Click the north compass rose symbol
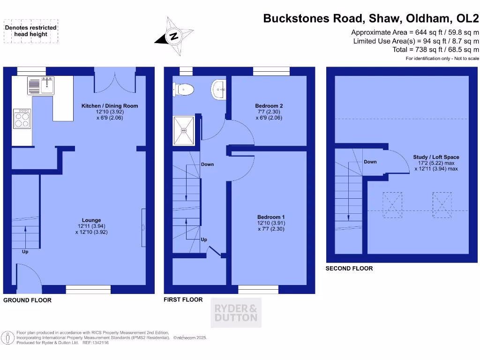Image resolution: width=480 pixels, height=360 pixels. click(x=173, y=36)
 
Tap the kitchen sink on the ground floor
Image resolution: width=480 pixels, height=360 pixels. click(x=42, y=86)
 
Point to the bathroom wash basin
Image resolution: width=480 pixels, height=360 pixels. click(x=218, y=89)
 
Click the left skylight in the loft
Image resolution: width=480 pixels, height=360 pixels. click(x=392, y=205)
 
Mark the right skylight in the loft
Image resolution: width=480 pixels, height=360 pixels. click(x=441, y=205)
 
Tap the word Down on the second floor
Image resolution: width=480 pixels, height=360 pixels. click(x=370, y=162)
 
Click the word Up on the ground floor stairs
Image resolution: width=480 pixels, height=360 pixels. click(x=25, y=252)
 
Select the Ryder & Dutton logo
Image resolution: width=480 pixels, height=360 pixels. click(x=236, y=313)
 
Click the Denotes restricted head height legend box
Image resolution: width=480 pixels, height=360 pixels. click(x=31, y=31)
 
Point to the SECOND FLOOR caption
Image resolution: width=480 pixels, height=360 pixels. click(x=349, y=269)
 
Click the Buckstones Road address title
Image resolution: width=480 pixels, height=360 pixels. click(x=371, y=19)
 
